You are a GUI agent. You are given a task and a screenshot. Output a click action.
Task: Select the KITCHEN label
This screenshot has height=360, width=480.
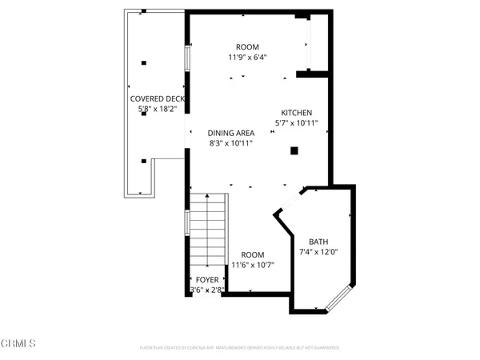pos(296,113)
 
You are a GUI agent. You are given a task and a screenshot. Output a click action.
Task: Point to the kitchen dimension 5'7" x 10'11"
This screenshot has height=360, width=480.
pos(296,123)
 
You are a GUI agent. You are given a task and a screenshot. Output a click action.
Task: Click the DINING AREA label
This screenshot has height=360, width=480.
pos(231,133)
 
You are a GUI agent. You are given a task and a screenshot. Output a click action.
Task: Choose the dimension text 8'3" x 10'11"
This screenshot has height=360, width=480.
pos(231,143)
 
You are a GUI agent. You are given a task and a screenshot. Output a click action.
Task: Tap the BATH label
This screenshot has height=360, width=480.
pos(318,242)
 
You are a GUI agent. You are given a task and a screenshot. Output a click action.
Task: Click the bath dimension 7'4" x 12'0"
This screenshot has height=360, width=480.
pos(318,253)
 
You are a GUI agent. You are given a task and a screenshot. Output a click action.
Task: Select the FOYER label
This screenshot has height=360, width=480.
pos(207,280)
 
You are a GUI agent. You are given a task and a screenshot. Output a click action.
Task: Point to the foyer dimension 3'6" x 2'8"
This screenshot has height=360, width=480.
pos(207,290)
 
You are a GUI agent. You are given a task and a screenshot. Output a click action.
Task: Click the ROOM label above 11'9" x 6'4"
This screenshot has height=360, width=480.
pos(247,46)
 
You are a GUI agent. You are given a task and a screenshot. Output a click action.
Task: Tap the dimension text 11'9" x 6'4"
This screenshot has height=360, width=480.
pos(247,57)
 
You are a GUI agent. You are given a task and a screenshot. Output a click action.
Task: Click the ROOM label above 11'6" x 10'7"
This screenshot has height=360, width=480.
pos(253,254)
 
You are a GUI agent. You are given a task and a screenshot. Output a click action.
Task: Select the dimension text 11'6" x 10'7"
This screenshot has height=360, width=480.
pos(253,265)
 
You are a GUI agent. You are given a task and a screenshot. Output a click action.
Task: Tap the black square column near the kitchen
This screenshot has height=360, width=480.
pos(294,150)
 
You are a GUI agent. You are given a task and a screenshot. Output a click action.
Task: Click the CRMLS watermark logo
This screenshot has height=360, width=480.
pos(18,343)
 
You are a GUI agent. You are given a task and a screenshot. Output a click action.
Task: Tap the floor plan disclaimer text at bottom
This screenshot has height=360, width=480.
pos(239,348)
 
